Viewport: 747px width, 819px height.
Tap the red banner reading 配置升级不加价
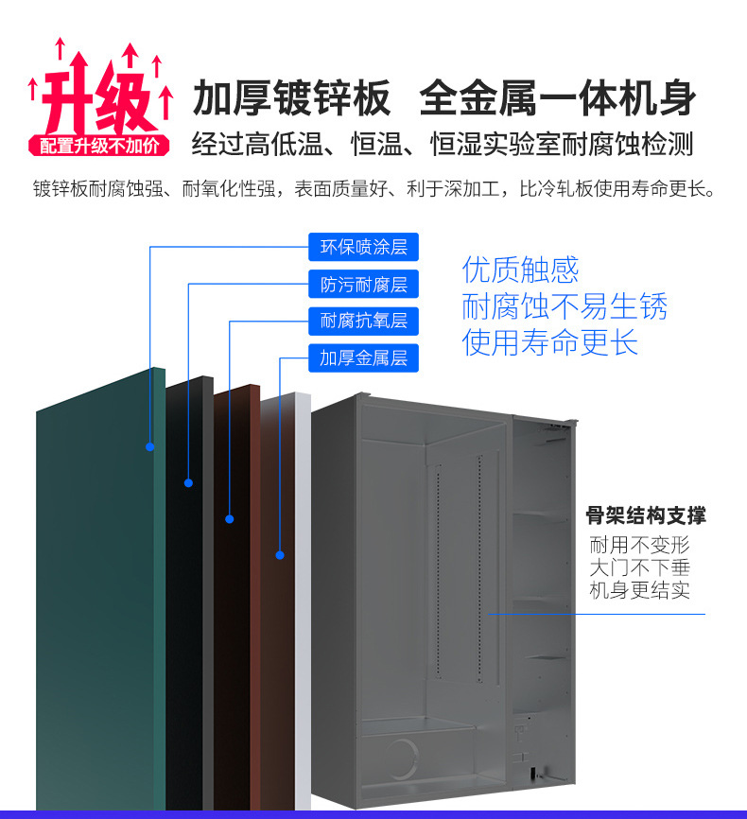99,146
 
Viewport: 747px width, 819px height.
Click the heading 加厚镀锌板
291,97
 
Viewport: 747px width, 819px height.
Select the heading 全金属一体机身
557,97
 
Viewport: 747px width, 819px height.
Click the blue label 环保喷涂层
363,248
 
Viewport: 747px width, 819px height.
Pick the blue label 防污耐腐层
363,285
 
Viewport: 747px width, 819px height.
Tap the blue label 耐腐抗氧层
363,321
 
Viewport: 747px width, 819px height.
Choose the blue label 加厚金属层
363,357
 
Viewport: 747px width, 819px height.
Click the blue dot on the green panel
149,446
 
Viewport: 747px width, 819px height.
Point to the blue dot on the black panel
188,483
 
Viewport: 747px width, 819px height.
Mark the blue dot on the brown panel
230,518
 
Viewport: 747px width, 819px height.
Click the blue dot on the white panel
280,555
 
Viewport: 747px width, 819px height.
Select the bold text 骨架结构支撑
645,516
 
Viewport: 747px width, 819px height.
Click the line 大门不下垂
640,568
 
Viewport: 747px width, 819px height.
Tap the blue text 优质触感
520,270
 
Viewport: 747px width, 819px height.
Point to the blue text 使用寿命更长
550,342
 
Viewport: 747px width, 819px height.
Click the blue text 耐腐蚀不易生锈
565,306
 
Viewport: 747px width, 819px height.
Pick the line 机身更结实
640,591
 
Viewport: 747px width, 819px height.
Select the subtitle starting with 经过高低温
443,145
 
